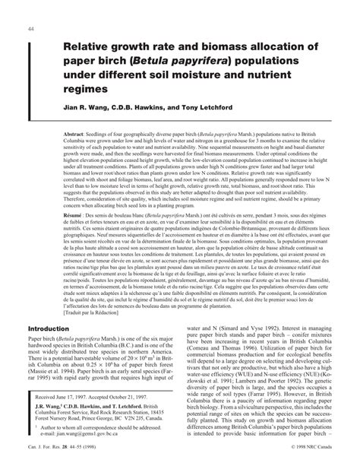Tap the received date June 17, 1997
coord(80,396)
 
